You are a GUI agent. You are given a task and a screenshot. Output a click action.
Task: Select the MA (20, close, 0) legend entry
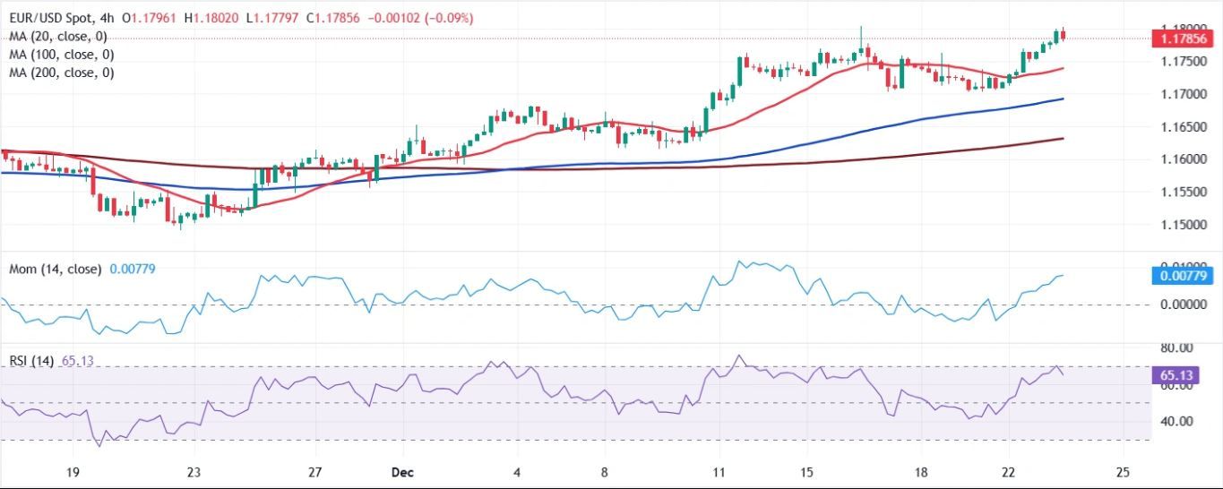58,37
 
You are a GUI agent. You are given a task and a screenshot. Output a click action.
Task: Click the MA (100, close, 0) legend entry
62,55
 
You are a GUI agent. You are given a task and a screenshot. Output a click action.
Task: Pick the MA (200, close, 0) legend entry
62,73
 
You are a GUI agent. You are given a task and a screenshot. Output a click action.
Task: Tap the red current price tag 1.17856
1182,39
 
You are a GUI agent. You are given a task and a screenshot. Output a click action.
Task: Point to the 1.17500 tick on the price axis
1181,62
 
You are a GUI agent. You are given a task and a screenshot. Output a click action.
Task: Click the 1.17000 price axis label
1181,94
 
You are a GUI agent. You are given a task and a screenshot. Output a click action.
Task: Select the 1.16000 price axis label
1181,159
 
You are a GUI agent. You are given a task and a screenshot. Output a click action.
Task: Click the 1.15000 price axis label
1181,225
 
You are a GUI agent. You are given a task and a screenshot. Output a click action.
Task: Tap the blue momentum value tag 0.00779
1182,278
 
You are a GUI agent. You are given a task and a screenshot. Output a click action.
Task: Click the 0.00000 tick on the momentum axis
1181,305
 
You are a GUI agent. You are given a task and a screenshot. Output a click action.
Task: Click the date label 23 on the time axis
194,472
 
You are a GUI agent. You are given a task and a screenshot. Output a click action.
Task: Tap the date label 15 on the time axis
806,472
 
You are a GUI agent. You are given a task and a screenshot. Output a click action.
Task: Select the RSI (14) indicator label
32,361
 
